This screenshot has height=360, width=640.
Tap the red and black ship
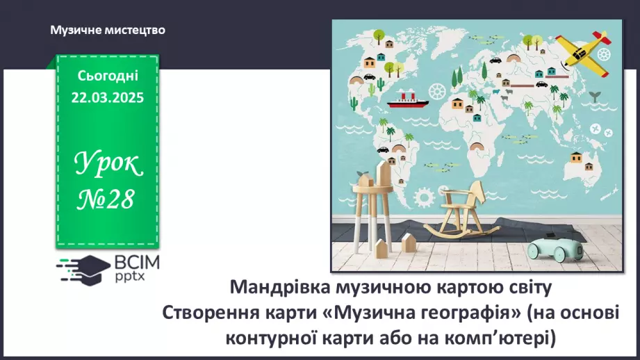tap(408, 100)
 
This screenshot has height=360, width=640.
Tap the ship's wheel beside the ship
tap(436, 91)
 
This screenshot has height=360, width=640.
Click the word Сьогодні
tap(108, 75)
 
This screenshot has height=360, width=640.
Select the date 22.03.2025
tap(107, 98)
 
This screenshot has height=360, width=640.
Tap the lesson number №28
tap(108, 199)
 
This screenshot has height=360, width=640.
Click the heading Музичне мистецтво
tap(108, 30)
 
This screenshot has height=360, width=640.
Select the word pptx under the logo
tap(129, 277)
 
